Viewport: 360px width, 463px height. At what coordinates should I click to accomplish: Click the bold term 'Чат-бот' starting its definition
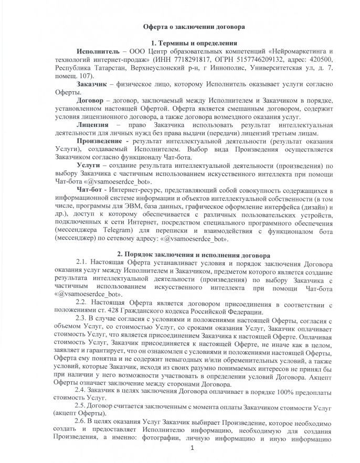click(90, 189)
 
